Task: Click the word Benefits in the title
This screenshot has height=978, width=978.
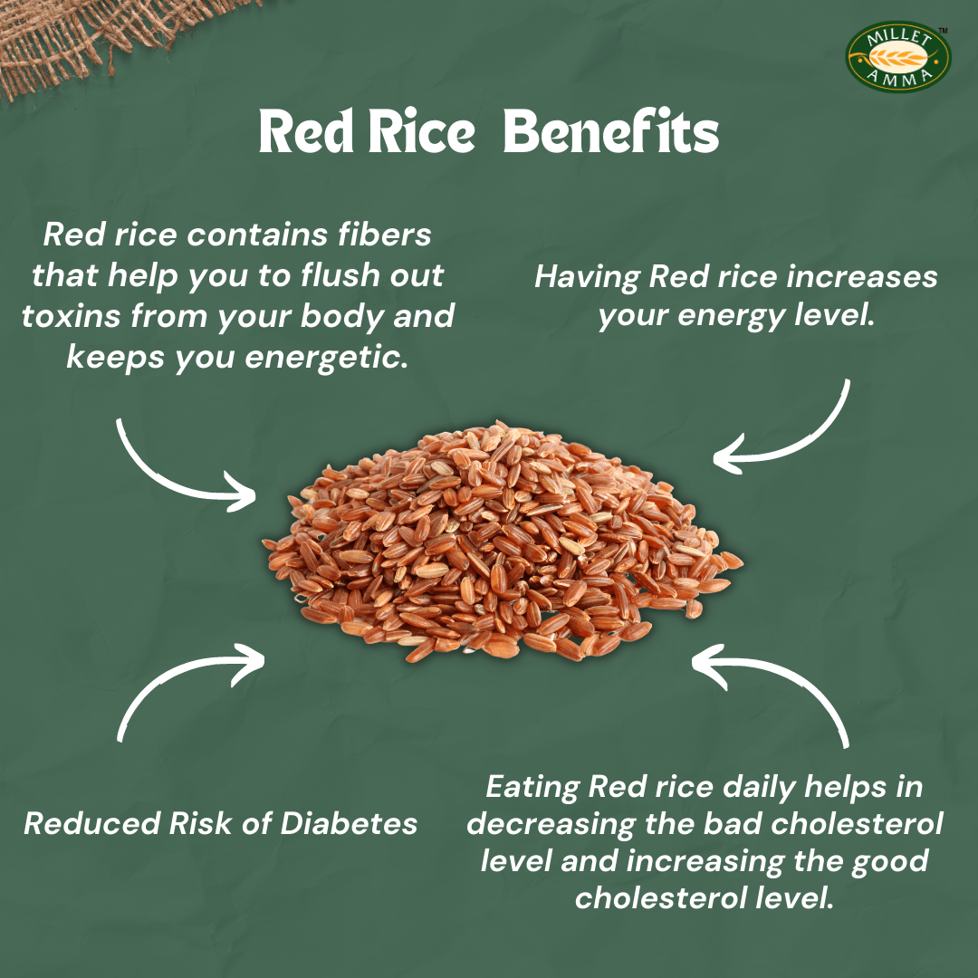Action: click(x=610, y=134)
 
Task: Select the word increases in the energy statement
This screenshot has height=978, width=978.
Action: click(x=861, y=276)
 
